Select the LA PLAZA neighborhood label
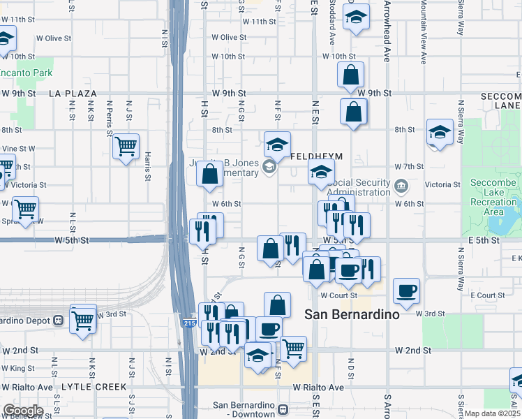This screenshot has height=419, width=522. click(x=73, y=93)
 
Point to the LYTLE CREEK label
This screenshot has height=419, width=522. click(x=94, y=387)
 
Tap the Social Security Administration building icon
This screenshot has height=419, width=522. click(x=401, y=185)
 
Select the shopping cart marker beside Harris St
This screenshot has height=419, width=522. click(x=126, y=147)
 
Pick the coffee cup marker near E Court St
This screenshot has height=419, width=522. click(x=406, y=291)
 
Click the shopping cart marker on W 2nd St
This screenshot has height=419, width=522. click(x=294, y=347)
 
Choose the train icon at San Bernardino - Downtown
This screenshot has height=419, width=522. click(x=283, y=410)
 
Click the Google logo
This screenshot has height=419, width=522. click(x=22, y=411)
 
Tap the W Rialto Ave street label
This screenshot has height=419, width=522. click(x=318, y=387)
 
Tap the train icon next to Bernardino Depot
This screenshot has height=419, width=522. click(x=59, y=321)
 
